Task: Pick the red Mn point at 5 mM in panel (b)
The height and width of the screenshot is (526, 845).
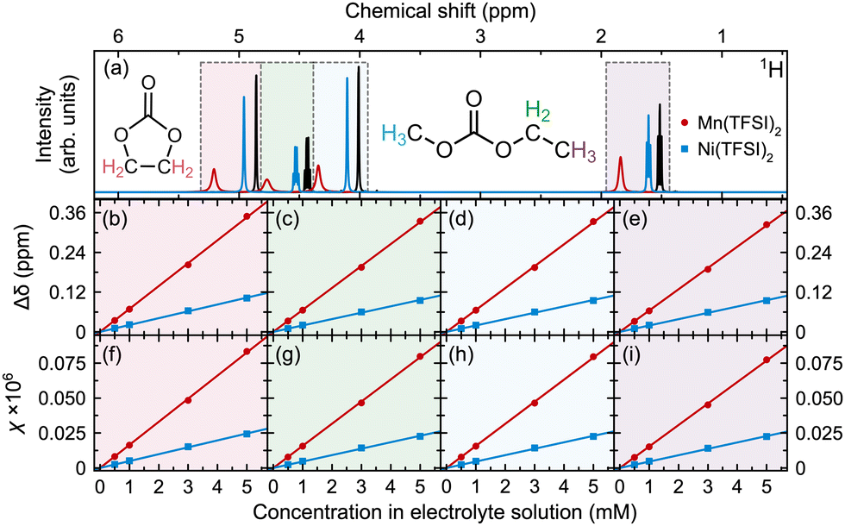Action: click(x=247, y=216)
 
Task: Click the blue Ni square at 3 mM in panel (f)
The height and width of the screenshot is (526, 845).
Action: click(x=188, y=446)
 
